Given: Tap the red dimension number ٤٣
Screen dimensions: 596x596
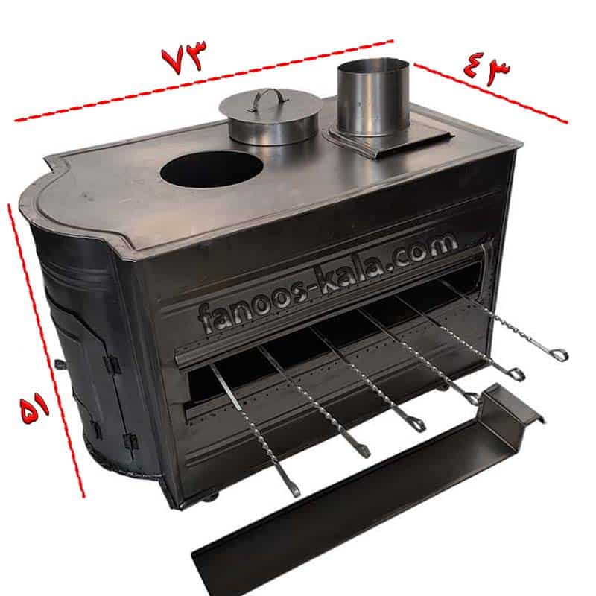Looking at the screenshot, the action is tap(487, 69).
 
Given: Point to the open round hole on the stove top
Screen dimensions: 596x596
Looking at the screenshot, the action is tap(212, 170).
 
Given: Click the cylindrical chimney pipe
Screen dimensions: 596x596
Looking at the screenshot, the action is tap(374, 98).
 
